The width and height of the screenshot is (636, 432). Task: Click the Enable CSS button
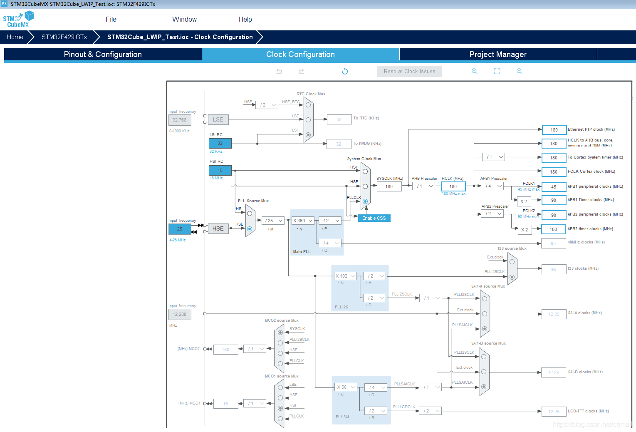374,218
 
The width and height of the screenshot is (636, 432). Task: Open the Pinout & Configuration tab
103,55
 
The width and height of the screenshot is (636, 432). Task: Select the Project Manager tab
498,55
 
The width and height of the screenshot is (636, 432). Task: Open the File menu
111,19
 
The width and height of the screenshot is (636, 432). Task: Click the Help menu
245,19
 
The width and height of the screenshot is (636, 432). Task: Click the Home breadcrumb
15,37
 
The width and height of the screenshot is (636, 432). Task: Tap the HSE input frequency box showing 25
180,229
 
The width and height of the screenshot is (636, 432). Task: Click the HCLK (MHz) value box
453,186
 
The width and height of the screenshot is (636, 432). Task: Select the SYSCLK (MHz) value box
389,186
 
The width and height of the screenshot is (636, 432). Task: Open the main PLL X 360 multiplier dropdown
302,221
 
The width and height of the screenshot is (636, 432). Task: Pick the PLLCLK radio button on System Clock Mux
365,201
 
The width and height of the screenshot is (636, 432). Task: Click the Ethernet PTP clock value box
554,130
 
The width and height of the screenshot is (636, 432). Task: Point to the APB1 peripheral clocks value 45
554,187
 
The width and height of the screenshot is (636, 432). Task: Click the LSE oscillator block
218,120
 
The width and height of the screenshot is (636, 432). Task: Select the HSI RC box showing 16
220,170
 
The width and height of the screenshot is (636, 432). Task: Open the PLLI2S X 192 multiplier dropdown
345,276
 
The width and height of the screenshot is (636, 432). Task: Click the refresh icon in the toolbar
345,72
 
